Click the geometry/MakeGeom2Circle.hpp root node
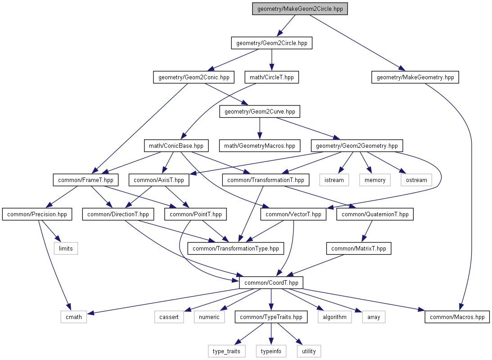(x=300, y=9)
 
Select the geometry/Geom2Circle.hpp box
(x=272, y=43)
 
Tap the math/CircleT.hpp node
(x=272, y=77)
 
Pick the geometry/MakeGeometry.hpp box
(x=415, y=77)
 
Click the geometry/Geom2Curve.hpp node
(x=260, y=112)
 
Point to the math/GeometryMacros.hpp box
(x=259, y=146)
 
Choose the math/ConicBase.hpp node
(x=176, y=146)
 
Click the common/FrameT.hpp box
(x=86, y=180)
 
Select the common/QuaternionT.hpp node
(x=375, y=214)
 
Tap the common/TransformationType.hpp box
(x=235, y=248)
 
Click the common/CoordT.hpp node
(x=271, y=283)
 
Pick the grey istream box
(x=334, y=180)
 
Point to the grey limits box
(x=66, y=248)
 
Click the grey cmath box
(x=74, y=317)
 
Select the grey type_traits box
(x=226, y=351)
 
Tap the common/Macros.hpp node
(x=457, y=317)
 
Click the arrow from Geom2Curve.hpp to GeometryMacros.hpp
(x=259, y=128)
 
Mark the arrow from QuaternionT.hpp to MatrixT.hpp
(x=367, y=231)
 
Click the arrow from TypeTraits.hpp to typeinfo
(x=271, y=334)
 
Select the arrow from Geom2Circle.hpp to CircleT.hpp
(x=272, y=60)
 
